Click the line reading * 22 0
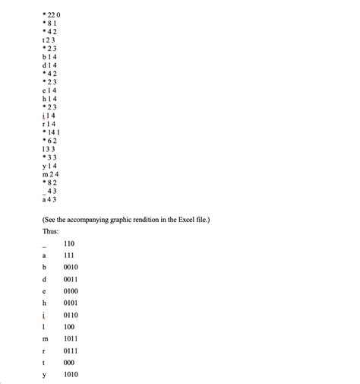coord(52,14)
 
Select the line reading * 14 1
coord(52,132)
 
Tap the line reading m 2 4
coord(50,174)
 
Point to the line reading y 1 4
coord(49,166)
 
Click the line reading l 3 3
coord(49,149)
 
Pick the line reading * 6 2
coord(50,141)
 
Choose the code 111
coord(69,257)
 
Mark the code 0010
coord(71,268)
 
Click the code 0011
coord(71,280)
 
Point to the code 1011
coord(71,338)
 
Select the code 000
coord(69,363)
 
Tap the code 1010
coord(71,374)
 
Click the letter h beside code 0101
coord(45,303)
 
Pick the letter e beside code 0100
coord(45,292)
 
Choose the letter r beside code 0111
coord(45,351)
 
